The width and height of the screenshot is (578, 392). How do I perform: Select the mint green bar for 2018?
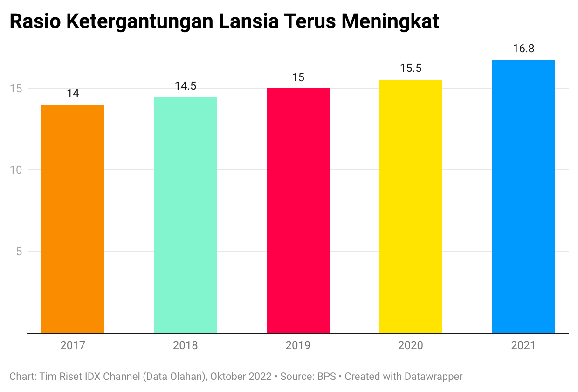coord(185,215)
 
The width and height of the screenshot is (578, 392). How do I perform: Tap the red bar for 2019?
coord(298,210)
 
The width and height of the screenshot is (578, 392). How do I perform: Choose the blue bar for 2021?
coord(523,196)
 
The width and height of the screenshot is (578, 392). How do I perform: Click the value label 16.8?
coord(523,49)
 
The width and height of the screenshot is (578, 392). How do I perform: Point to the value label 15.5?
coord(410,69)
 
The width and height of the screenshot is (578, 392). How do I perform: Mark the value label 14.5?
coord(185,85)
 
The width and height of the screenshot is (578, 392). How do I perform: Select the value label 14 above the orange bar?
coord(73,93)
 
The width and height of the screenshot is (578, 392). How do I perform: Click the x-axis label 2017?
coord(73,346)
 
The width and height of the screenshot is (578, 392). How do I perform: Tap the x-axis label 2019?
coord(298,346)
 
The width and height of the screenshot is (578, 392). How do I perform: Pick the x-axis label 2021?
coord(523,346)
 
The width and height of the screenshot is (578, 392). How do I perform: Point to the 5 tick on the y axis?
coord(19,252)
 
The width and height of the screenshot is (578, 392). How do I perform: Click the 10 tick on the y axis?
coord(16,170)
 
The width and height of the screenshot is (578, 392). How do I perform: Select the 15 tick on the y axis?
coord(16,89)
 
